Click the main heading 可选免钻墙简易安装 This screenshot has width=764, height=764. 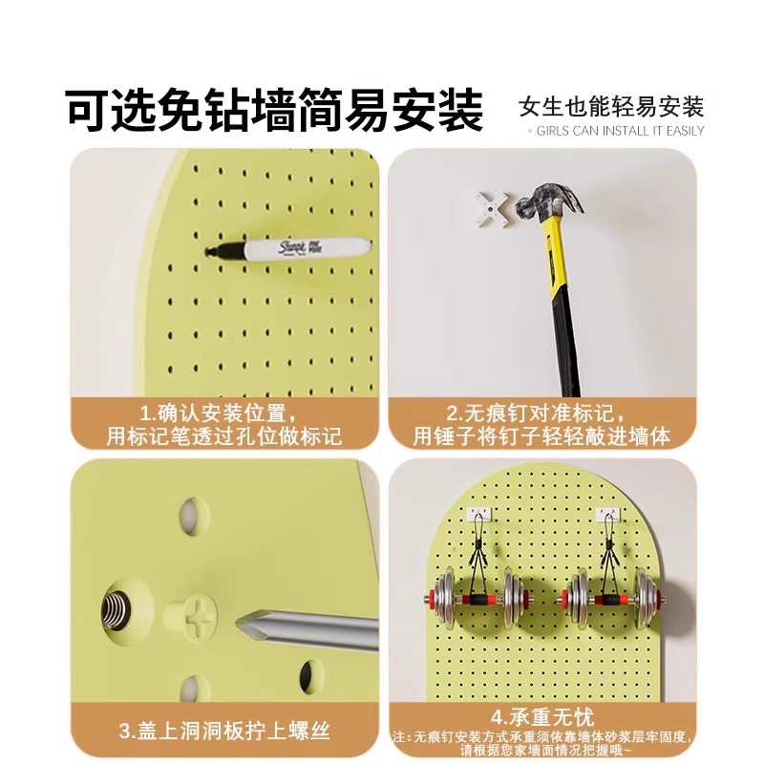click(x=275, y=111)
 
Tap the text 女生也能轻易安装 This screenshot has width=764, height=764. click(x=611, y=105)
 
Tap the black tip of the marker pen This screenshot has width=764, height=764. click(x=212, y=251)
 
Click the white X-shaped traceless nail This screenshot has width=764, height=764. click(x=491, y=207)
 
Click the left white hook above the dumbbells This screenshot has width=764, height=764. click(x=478, y=515)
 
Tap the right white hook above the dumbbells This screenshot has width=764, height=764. click(x=608, y=515)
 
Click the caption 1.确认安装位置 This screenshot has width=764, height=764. click(x=219, y=414)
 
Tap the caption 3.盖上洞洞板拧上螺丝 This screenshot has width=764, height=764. click(x=224, y=732)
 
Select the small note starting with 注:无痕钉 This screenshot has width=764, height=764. click(x=541, y=744)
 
